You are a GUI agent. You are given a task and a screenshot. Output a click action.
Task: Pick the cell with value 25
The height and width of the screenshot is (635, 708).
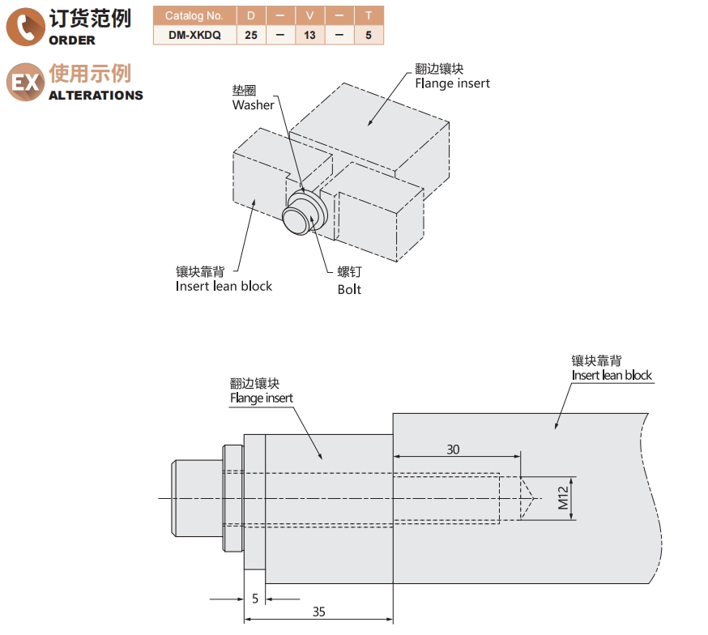250,35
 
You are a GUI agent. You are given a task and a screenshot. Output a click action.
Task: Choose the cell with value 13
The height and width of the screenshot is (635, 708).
309,35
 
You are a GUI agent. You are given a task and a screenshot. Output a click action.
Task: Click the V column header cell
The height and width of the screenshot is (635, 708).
309,15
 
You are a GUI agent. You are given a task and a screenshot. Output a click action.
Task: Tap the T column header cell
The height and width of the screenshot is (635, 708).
369,15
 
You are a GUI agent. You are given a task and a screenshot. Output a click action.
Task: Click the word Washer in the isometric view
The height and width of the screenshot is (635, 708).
253,104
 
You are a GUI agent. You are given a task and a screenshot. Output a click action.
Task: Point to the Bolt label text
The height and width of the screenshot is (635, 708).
349,289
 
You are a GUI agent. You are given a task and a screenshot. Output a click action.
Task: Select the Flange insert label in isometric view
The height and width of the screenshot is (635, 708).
452,83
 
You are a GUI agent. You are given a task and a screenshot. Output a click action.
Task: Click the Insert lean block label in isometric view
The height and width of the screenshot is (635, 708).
224,286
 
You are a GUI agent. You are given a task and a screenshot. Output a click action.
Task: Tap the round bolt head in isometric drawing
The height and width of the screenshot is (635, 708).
296,219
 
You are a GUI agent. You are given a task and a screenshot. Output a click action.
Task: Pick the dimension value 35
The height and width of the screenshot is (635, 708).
318,612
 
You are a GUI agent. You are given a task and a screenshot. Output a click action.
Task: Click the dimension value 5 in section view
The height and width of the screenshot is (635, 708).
254,599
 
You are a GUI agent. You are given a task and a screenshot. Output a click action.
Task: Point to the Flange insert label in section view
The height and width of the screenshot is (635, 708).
261,398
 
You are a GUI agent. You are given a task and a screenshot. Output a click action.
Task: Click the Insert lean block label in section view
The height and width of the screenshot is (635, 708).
611,375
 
